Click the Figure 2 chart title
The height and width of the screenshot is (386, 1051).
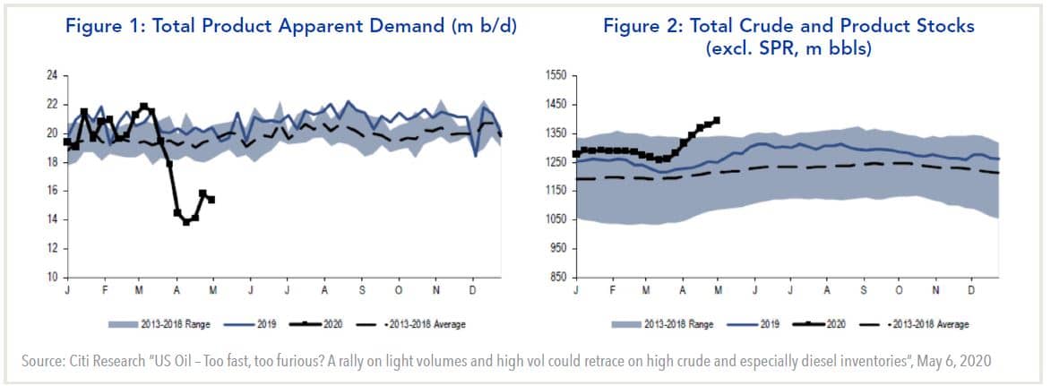coord(788,36)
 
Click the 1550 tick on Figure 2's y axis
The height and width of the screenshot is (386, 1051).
coord(556,76)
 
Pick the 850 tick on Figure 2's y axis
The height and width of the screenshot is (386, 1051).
coord(557,278)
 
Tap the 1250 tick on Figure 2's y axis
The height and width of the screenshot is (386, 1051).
coord(556,162)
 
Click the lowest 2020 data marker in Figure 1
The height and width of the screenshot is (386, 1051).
coord(186,221)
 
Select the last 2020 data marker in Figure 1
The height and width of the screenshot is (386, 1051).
coord(211,200)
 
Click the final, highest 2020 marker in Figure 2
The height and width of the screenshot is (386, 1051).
coord(716,120)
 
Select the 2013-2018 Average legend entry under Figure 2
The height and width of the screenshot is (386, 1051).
coord(923,324)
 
